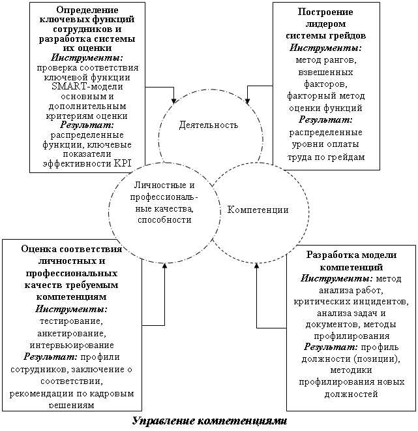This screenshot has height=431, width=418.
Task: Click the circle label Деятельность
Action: coord(209,125)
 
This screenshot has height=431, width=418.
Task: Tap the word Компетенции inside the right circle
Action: coord(258,210)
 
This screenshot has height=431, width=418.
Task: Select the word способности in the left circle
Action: coord(165,220)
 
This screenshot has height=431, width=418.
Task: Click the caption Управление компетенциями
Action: coord(210,421)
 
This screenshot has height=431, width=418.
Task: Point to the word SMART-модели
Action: coord(87,86)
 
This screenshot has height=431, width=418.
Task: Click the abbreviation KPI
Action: coord(123,163)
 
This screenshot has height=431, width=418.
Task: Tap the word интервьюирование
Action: coord(72,345)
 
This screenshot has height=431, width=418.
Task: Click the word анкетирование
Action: coord(72,333)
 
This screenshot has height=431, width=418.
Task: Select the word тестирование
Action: coord(72,321)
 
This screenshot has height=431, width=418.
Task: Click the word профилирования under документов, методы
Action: coord(352,336)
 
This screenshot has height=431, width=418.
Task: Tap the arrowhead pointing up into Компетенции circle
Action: coord(257,266)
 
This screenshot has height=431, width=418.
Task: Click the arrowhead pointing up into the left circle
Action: coord(165,265)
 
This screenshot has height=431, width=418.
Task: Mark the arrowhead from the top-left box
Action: coord(173,101)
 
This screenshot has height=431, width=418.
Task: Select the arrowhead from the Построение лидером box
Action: coord(247,101)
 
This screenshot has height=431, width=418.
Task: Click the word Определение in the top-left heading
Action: coord(87,10)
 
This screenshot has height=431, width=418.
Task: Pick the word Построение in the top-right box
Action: coord(325,12)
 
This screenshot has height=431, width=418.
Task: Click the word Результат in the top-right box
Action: coord(325,120)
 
